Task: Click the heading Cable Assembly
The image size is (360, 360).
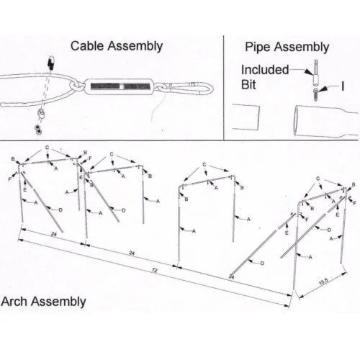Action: coord(116,46)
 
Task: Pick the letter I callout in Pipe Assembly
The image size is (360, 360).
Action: coord(343,86)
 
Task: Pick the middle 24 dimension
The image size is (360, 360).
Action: coord(131,253)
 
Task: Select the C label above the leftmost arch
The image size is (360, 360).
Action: coord(48,147)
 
